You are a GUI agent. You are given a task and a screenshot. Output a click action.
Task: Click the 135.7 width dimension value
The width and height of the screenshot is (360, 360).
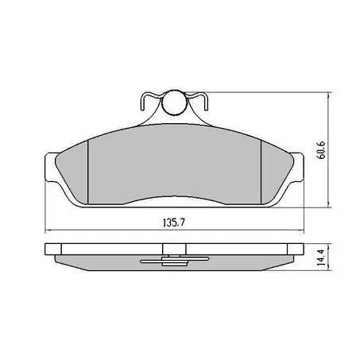coord(174,223)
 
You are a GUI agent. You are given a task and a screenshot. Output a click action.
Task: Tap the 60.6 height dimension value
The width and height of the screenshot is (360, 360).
coord(321,150)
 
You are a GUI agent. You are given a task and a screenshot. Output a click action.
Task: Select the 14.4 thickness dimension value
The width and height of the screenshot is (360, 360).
coord(321,257)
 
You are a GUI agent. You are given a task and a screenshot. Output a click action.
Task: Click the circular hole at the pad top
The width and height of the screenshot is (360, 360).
coord(174,103)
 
